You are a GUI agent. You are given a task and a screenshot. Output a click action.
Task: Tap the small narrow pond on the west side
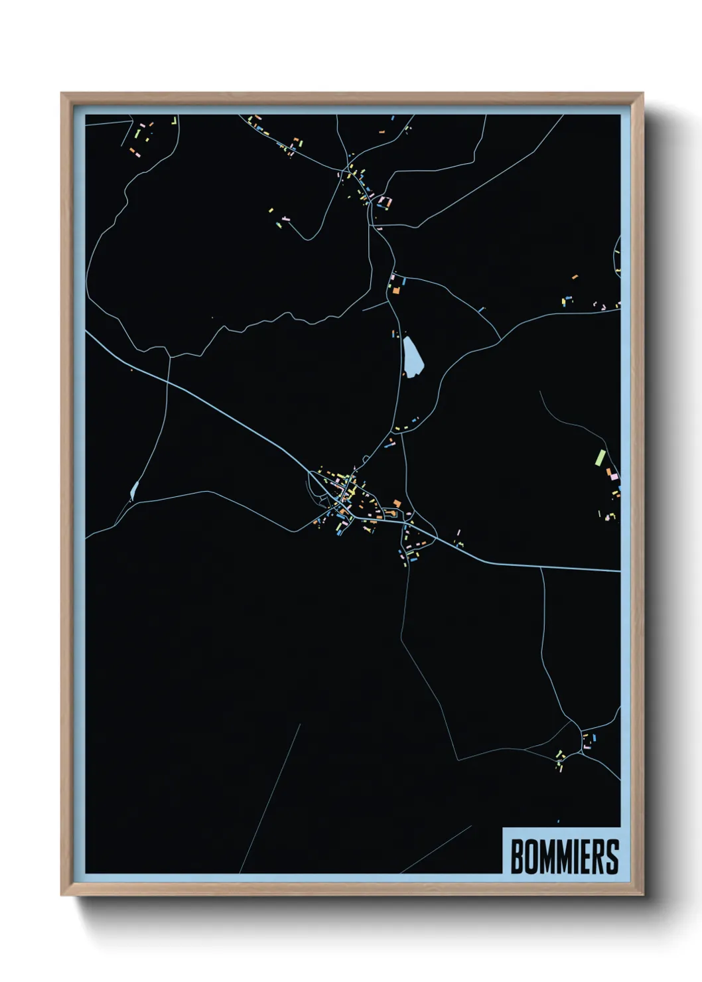point(135,490)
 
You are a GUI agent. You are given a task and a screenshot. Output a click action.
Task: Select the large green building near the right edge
point(600,457)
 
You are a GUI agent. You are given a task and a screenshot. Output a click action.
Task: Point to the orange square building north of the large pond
point(395,290)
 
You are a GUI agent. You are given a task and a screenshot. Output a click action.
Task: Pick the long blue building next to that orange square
point(403,282)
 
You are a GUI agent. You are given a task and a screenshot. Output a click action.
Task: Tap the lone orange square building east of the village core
point(397,504)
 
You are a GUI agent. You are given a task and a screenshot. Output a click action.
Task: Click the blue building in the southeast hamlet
point(594,737)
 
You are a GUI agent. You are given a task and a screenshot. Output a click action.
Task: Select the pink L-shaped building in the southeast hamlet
point(587,746)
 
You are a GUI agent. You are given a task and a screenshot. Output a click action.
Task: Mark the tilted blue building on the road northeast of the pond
point(481,309)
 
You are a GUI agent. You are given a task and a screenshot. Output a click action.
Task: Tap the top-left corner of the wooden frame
point(62,94)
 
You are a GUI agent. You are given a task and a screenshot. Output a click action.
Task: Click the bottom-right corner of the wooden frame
point(642,895)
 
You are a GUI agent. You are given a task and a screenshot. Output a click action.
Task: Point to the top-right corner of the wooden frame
point(642,94)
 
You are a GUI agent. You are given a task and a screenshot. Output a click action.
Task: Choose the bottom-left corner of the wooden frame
point(62,895)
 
